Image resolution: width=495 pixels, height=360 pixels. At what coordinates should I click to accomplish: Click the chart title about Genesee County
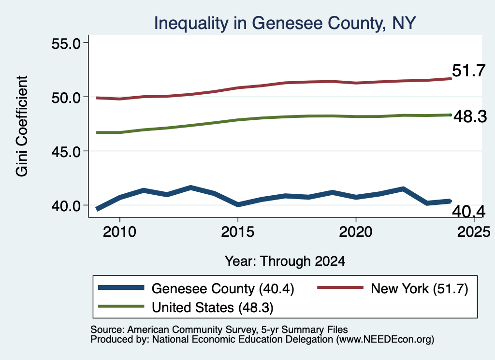285,23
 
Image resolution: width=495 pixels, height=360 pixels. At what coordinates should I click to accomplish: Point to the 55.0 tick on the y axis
66,43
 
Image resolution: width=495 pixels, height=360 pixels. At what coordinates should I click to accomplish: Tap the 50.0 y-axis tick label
66,98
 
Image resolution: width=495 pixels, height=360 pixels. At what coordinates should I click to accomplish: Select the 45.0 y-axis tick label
66,152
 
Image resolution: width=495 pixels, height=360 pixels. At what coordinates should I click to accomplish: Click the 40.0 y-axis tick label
66,206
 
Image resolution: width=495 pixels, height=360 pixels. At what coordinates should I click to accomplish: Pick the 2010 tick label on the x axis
119,232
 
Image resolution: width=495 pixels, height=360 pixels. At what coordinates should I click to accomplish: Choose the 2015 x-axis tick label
237,232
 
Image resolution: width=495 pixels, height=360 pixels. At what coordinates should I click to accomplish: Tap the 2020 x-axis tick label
355,232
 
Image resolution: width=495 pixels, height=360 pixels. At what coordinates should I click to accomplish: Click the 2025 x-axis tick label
474,232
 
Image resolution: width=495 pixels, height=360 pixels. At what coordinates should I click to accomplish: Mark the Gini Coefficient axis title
22,126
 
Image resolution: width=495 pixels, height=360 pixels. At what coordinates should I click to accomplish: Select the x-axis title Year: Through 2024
285,261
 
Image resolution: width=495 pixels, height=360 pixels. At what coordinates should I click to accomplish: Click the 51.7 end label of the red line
468,71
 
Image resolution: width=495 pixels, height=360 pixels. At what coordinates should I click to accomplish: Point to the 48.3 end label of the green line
470,116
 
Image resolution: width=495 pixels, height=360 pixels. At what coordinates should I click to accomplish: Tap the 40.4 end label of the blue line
468,211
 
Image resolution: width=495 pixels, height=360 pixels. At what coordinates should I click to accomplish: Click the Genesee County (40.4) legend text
223,288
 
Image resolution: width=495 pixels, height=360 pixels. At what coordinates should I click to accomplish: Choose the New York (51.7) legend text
419,288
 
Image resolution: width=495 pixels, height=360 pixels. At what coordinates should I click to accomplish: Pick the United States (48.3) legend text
213,308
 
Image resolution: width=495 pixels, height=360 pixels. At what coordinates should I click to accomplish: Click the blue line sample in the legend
121,288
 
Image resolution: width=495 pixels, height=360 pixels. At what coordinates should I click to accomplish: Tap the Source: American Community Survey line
219,330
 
